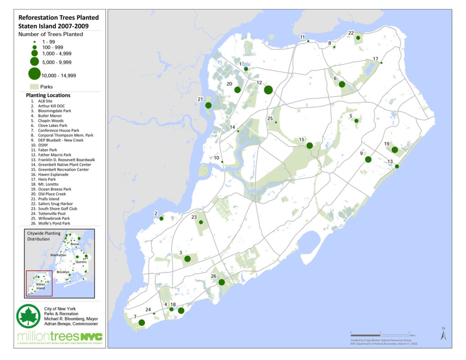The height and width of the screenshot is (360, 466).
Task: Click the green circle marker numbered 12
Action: click(268, 90)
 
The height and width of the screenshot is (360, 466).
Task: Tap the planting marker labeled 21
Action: click(208, 105)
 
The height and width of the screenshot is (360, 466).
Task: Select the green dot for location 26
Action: click(222, 282)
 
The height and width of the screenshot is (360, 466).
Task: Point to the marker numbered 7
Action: click(142, 323)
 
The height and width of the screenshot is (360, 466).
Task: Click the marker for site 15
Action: click(309, 146)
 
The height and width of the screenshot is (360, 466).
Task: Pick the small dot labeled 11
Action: click(308, 41)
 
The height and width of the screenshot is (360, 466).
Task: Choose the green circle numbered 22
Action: click(358, 38)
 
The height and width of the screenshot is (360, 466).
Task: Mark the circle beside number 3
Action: click(187, 259)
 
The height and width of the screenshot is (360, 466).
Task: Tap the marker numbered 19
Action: click(395, 150)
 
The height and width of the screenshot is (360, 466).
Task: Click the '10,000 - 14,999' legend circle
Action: click(34, 73)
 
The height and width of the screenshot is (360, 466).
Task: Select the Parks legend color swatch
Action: click(34, 86)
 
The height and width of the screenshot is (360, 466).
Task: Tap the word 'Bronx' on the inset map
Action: click(75, 244)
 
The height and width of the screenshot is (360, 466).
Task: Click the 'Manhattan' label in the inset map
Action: click(59, 255)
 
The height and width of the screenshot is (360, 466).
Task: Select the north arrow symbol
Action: click(443, 335)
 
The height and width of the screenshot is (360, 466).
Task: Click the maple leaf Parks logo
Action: click(28, 316)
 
